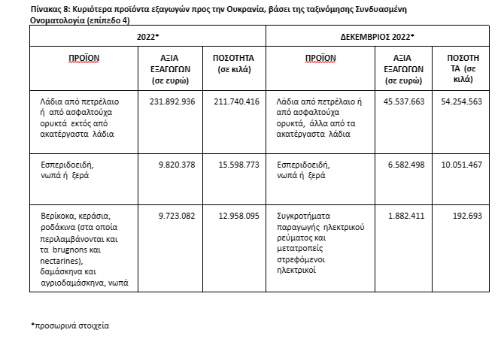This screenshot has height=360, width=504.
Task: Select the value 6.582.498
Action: [x=405, y=162]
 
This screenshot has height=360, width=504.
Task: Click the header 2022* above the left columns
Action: [x=147, y=36]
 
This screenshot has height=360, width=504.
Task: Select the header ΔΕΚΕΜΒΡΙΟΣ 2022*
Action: [x=378, y=36]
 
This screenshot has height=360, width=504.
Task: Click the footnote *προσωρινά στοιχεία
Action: [x=69, y=326]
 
